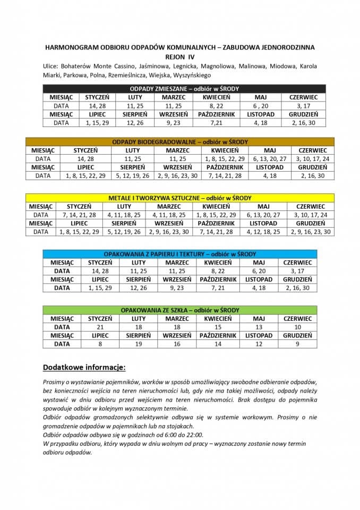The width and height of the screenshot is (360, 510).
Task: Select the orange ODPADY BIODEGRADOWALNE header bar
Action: click(x=180, y=142)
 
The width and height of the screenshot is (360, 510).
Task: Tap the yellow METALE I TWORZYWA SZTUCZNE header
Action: click(x=180, y=198)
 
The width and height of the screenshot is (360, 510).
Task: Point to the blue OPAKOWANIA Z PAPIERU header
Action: click(x=180, y=254)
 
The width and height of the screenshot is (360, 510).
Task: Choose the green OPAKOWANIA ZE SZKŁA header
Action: click(x=180, y=310)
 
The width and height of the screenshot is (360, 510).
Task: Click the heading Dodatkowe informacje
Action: click(x=84, y=367)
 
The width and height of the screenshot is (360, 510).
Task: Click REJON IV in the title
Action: click(x=180, y=56)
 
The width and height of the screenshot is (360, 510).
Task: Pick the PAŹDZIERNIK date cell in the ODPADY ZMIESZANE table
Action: click(x=216, y=123)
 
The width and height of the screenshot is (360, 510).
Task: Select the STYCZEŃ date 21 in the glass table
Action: click(x=100, y=327)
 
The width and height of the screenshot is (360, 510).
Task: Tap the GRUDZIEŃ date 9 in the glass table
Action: click(x=297, y=344)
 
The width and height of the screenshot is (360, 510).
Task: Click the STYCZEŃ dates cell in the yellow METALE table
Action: click(x=79, y=215)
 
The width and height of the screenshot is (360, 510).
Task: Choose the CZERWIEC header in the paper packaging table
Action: click(x=297, y=262)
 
